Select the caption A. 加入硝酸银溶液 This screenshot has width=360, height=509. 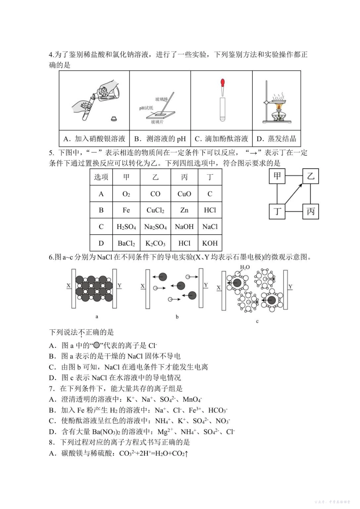[x=94, y=139]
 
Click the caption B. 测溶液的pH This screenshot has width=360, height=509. [x=160, y=139]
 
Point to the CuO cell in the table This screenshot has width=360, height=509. [x=184, y=194]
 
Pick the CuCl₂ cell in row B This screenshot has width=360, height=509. [x=155, y=210]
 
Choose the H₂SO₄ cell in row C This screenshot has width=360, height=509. [x=126, y=227]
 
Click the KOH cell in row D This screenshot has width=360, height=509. [x=210, y=243]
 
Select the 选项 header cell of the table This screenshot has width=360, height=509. [x=101, y=177]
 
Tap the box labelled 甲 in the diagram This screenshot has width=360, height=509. [x=277, y=176]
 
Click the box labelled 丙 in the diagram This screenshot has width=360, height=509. [x=310, y=211]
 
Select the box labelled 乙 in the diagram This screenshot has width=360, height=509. [x=310, y=176]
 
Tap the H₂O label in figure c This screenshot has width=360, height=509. [x=245, y=268]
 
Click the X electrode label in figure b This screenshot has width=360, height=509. [x=142, y=286]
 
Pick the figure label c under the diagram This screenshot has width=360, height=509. [x=257, y=321]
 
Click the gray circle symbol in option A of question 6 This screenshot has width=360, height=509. [x=97, y=345]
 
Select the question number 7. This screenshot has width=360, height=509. [x=51, y=388]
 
